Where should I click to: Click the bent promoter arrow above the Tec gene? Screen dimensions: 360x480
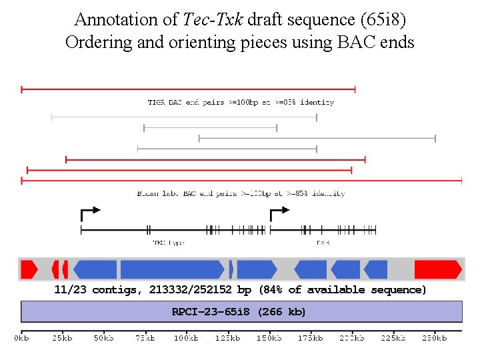(x=89, y=213)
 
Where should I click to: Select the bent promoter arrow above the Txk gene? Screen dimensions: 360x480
(x=279, y=213)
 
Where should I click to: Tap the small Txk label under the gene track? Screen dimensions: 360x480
(x=323, y=243)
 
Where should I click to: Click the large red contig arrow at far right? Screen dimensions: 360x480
(x=437, y=269)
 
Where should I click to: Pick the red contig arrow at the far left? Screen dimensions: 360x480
(x=29, y=269)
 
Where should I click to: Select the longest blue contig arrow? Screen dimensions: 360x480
(x=171, y=269)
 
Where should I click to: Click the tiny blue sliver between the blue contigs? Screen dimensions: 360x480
(x=231, y=269)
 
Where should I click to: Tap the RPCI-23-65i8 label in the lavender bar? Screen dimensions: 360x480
(x=212, y=311)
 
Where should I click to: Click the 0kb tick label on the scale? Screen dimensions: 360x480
(x=22, y=339)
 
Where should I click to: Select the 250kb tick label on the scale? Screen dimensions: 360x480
(x=434, y=339)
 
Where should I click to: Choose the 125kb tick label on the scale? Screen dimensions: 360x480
(x=228, y=339)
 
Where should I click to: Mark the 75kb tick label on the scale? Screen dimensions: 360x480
(x=145, y=339)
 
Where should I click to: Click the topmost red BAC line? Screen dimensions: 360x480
(x=188, y=89)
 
